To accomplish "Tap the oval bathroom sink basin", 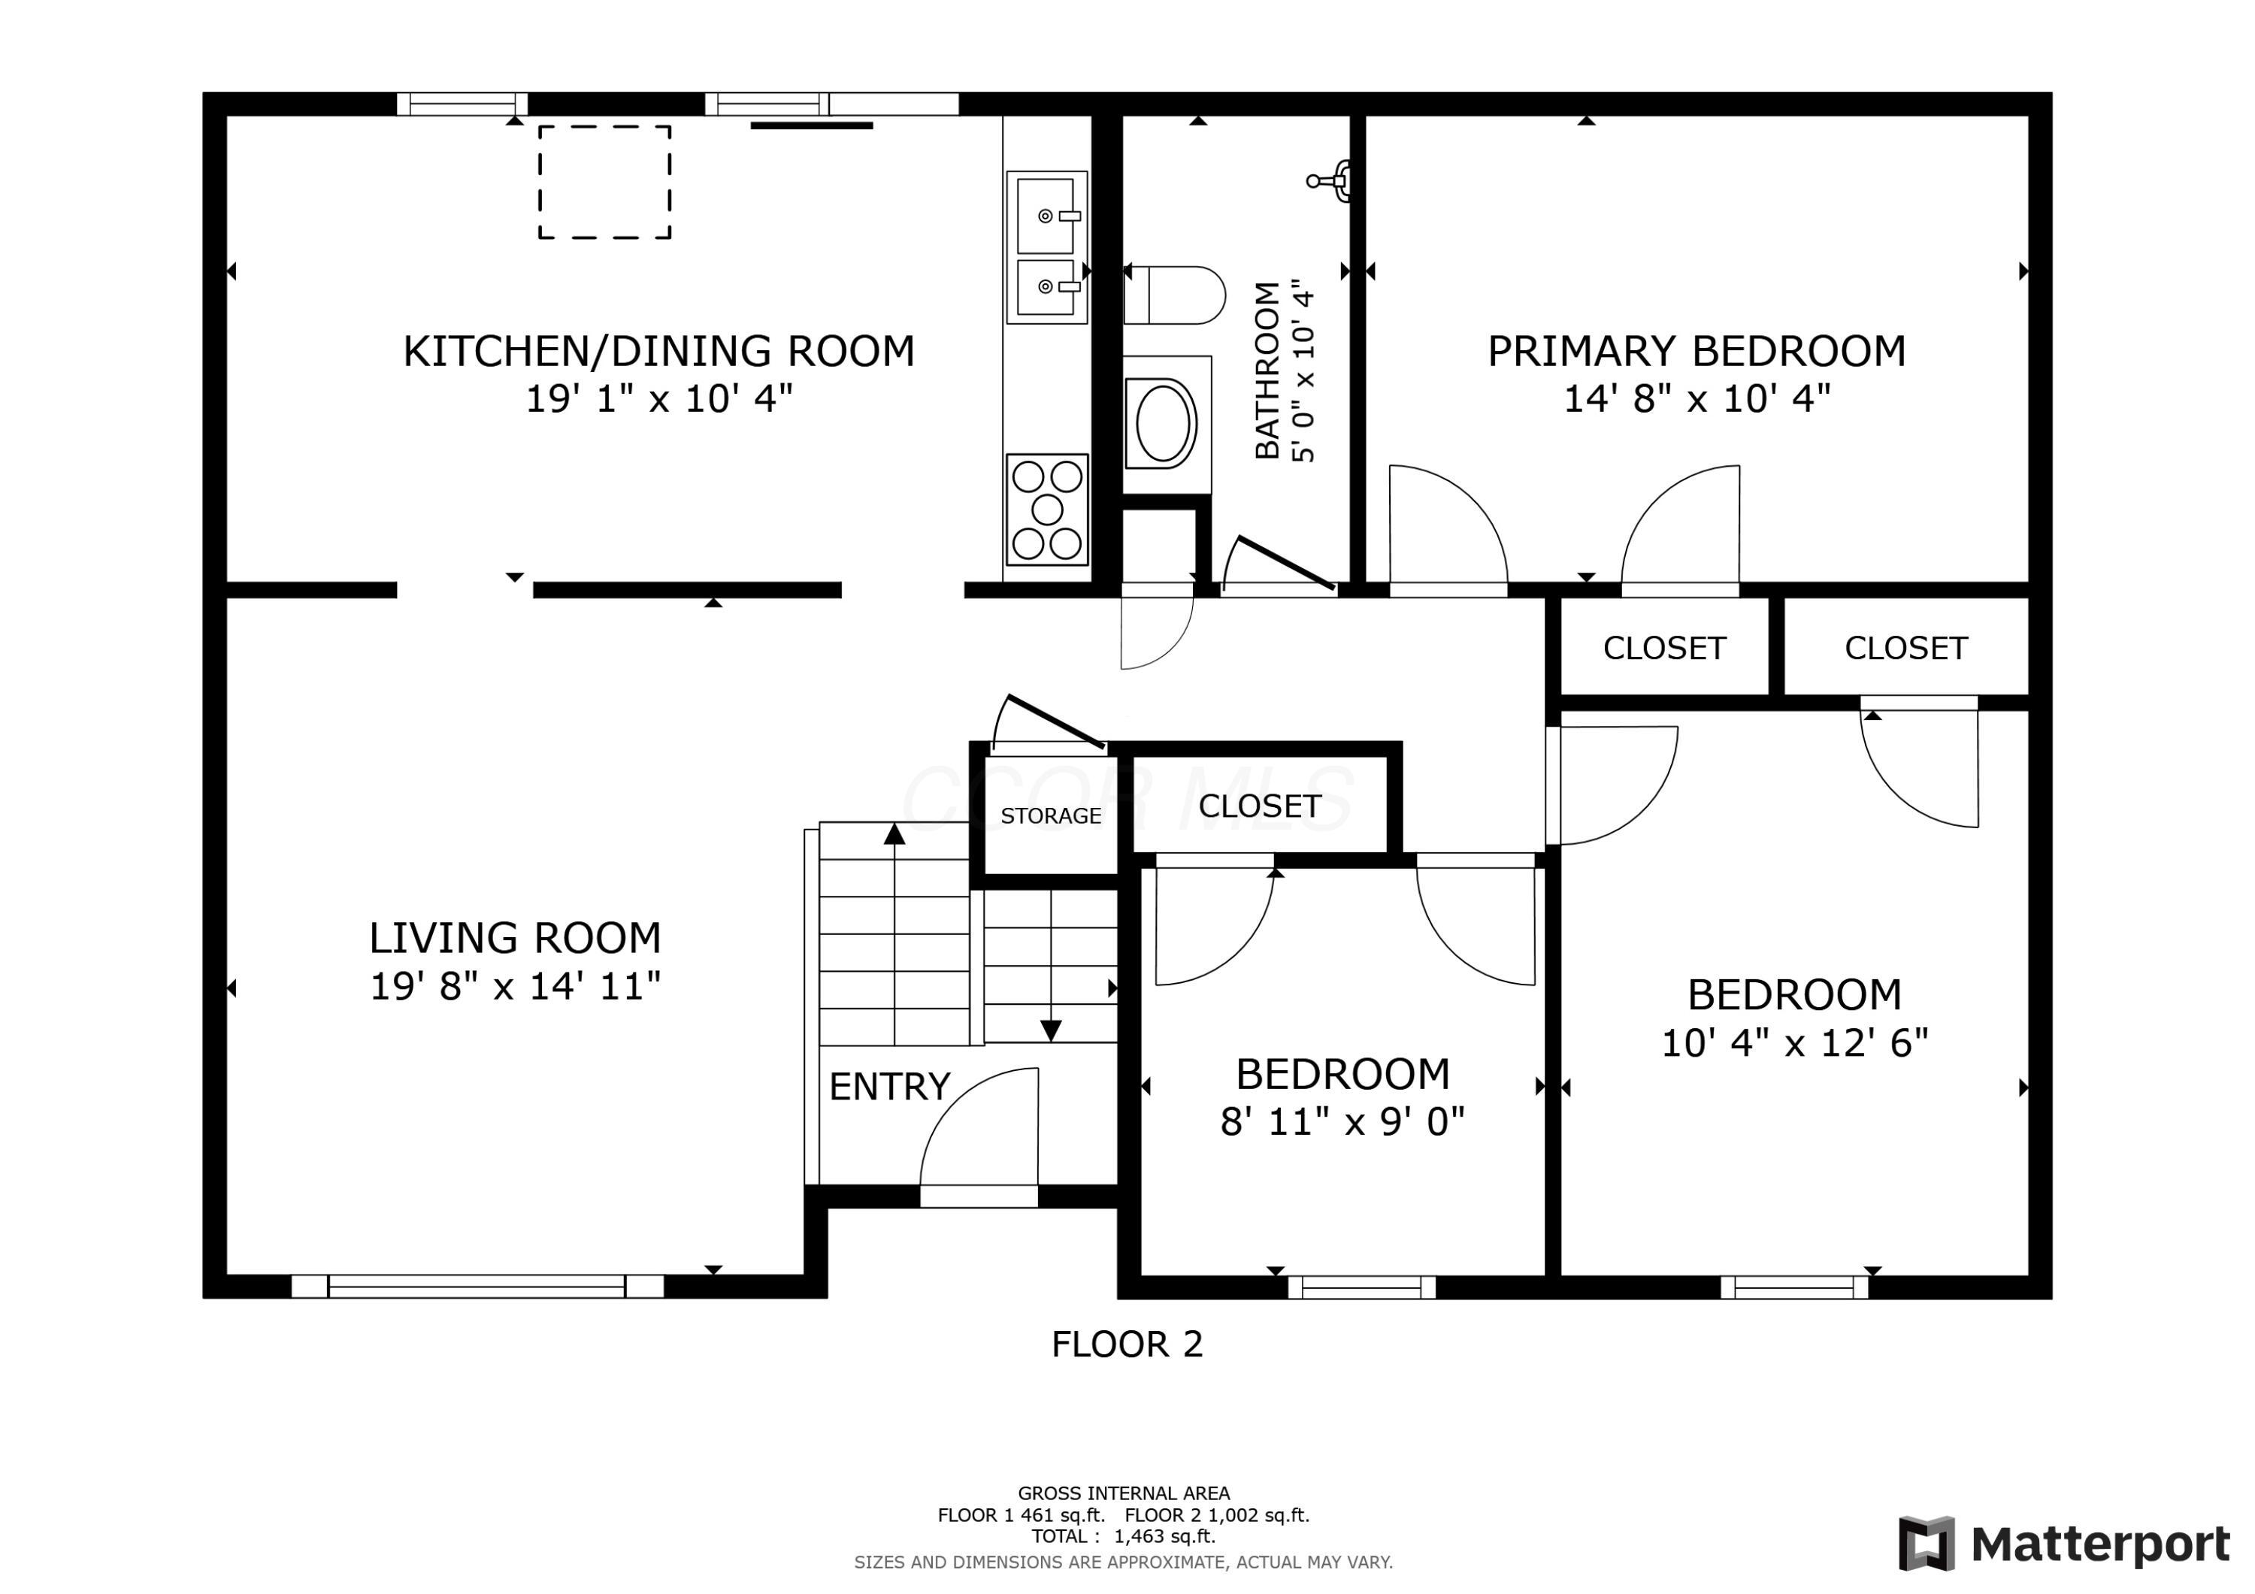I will click(x=1165, y=423).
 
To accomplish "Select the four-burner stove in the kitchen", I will click(x=1047, y=509).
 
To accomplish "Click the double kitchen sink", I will click(x=1047, y=247).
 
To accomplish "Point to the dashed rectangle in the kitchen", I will click(x=605, y=182).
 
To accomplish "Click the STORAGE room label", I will click(x=1051, y=816).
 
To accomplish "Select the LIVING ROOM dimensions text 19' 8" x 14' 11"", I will click(x=515, y=986).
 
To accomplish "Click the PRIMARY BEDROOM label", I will click(x=1697, y=352).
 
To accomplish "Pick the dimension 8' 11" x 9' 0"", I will click(x=1342, y=1121).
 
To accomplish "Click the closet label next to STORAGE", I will click(x=1260, y=806).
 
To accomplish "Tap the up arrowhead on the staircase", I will click(x=894, y=835).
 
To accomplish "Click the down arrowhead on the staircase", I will click(x=1051, y=1030).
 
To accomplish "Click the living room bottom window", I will click(x=477, y=1286).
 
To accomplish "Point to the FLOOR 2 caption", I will click(x=1127, y=1344).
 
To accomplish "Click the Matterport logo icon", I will click(x=1926, y=1544).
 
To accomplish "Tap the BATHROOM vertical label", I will click(x=1268, y=371).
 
